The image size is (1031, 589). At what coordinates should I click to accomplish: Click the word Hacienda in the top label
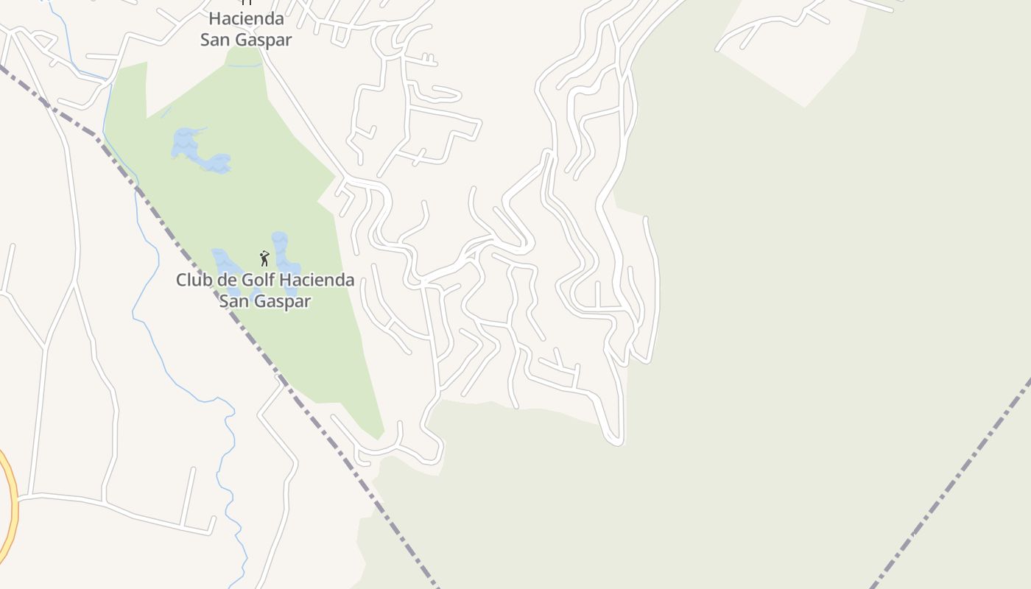246,18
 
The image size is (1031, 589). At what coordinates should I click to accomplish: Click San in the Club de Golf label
234,301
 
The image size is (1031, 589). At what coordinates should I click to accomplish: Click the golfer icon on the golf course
264,258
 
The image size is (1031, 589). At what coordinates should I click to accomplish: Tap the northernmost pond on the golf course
186,141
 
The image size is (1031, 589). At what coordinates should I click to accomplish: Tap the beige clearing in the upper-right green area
795,52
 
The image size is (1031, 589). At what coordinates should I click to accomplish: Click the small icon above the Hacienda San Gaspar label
247,2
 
